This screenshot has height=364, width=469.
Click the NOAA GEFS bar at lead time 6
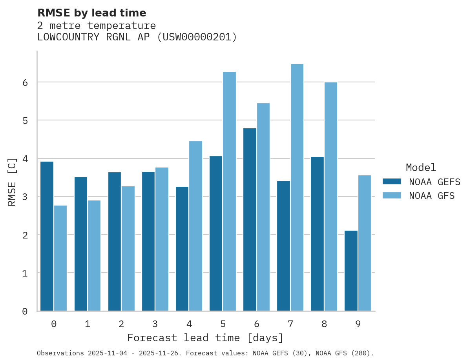pyautogui.click(x=250, y=220)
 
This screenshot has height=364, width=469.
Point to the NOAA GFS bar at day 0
pyautogui.click(x=60, y=258)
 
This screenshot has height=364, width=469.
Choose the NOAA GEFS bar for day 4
pyautogui.click(x=182, y=249)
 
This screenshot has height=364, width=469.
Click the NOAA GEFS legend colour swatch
pyautogui.click(x=392, y=181)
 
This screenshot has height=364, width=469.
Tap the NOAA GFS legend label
pyautogui.click(x=432, y=195)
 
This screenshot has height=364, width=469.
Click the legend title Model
pyautogui.click(x=421, y=167)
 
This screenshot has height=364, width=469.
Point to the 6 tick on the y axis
pyautogui.click(x=25, y=82)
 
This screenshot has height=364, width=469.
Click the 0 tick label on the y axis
pyautogui.click(x=25, y=311)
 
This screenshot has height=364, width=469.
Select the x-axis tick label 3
pyautogui.click(x=155, y=324)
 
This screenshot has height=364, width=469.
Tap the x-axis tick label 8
pyautogui.click(x=324, y=324)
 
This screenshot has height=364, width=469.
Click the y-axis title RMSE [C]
pyautogui.click(x=12, y=182)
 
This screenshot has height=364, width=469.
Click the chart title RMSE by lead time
pyautogui.click(x=92, y=13)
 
